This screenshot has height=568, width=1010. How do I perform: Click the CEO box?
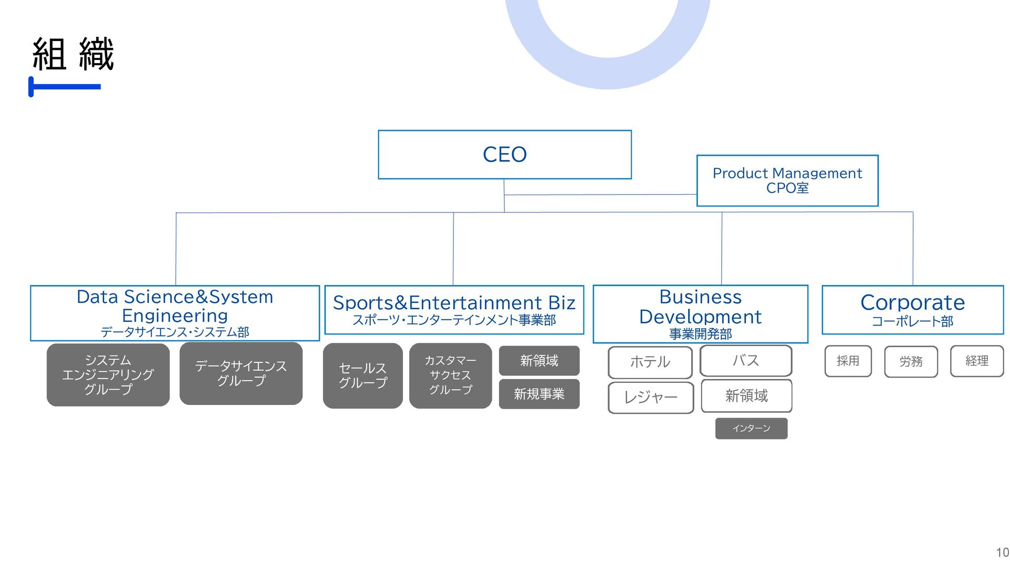point(504,155)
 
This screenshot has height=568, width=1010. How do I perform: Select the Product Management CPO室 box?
point(787,180)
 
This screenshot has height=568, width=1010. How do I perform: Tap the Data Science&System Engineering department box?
point(175,313)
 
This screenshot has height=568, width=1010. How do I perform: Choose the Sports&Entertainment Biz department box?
point(454,310)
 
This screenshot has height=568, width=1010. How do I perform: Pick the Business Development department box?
point(700,314)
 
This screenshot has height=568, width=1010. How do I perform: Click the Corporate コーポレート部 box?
point(912,310)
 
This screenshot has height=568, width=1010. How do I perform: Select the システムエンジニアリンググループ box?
point(108,374)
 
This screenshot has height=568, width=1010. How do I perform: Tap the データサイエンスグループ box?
point(241,373)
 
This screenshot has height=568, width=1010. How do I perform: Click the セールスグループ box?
point(362,376)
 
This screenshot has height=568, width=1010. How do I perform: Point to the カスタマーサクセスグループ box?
point(450,376)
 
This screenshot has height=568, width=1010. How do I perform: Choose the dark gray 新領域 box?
point(539,360)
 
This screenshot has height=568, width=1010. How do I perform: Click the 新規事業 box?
point(539,394)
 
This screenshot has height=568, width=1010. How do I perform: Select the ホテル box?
point(650,362)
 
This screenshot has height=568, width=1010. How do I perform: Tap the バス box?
point(745,360)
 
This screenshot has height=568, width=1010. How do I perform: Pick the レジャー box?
point(650,397)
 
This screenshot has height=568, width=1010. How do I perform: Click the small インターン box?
point(751,428)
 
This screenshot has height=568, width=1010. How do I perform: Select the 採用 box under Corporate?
point(847,361)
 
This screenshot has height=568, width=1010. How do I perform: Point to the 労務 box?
point(911,361)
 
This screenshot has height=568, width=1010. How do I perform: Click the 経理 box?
point(976,361)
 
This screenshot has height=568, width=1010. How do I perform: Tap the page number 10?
point(1002,553)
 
